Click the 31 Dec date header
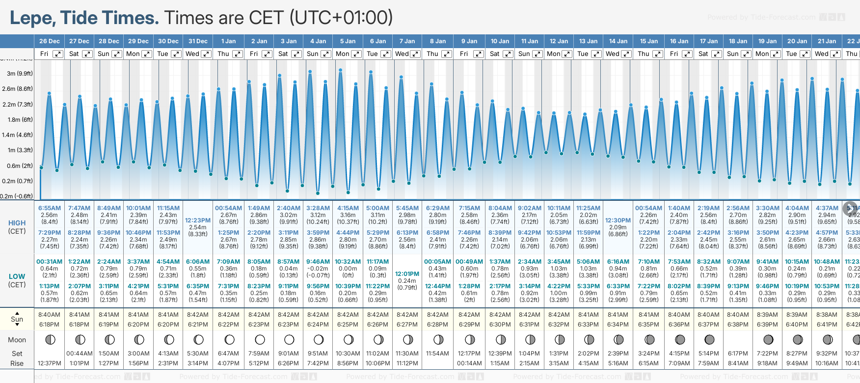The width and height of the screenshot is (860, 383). [198, 41]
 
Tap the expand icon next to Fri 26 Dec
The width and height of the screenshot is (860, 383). [58, 54]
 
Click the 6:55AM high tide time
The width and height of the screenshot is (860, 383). [50, 208]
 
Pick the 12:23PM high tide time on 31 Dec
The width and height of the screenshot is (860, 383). [198, 220]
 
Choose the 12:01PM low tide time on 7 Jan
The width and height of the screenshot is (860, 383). [407, 274]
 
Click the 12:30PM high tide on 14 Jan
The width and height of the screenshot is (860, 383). [618, 220]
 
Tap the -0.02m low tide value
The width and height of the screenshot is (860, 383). [318, 269]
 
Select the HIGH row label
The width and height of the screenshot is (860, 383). [17, 223]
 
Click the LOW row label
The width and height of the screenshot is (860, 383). [17, 276]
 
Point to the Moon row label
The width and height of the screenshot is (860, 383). [17, 340]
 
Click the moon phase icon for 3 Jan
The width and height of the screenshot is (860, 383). [289, 339]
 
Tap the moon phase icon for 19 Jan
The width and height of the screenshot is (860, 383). [768, 339]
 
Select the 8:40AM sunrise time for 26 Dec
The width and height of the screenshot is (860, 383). [49, 315]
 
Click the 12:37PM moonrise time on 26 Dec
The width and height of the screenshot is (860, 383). [49, 363]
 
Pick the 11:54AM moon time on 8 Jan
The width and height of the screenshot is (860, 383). [437, 354]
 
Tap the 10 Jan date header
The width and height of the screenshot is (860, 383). [500, 41]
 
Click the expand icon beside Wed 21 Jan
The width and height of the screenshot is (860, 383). [835, 54]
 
